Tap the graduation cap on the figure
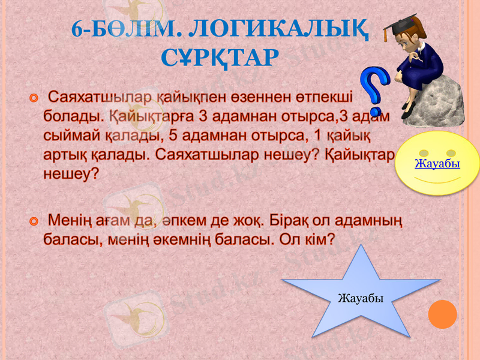click(399, 26)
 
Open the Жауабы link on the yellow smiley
click(437, 163)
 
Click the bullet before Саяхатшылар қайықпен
click(35, 97)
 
